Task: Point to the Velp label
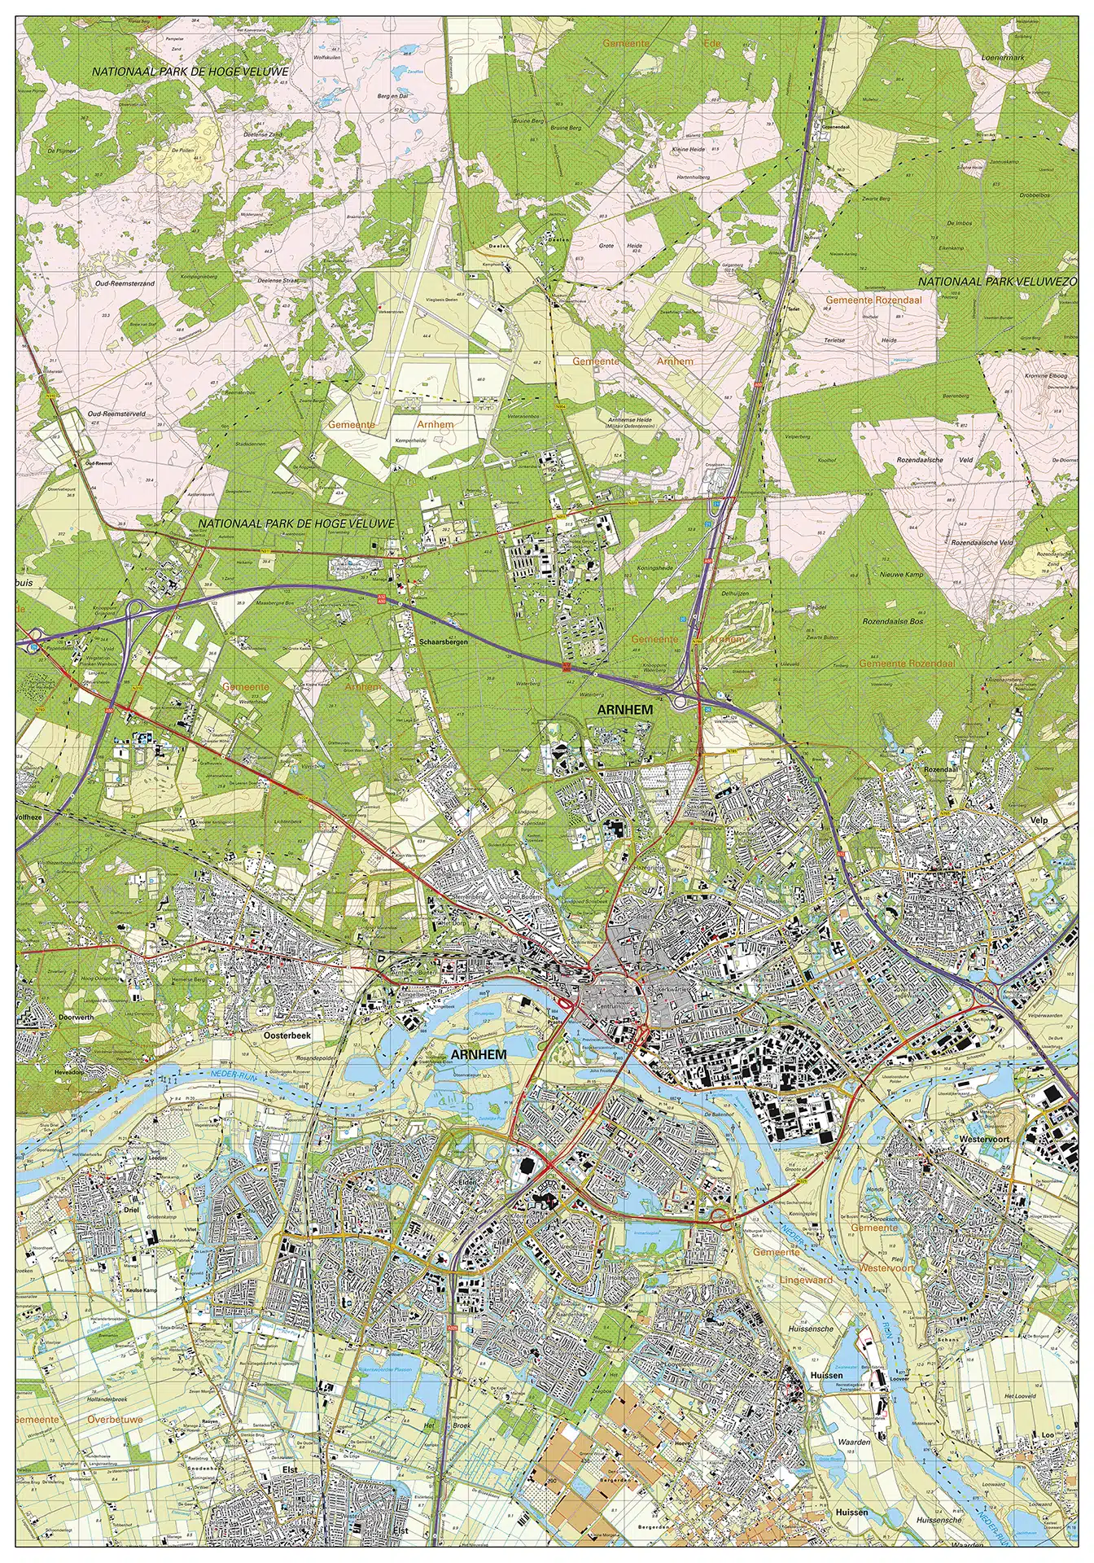1039,821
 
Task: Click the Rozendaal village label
941,768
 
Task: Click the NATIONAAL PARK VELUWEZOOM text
998,282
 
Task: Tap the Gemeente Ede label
660,43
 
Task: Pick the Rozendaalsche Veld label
935,460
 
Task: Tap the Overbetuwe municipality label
115,1419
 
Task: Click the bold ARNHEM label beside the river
478,1054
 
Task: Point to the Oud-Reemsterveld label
116,414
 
